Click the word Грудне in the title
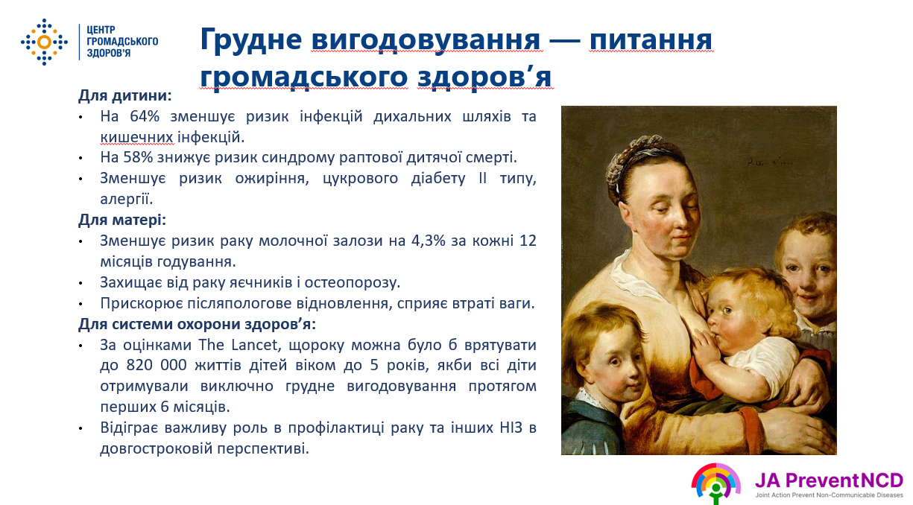[251, 40]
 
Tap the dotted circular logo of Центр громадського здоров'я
[44, 42]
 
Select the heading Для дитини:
[125, 95]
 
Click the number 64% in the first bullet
[145, 116]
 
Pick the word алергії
[127, 199]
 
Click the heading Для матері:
[122, 220]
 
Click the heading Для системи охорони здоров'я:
[198, 324]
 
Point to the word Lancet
[254, 345]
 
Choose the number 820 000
[156, 365]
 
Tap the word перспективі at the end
[263, 449]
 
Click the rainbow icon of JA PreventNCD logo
[715, 483]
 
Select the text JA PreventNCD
[829, 480]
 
